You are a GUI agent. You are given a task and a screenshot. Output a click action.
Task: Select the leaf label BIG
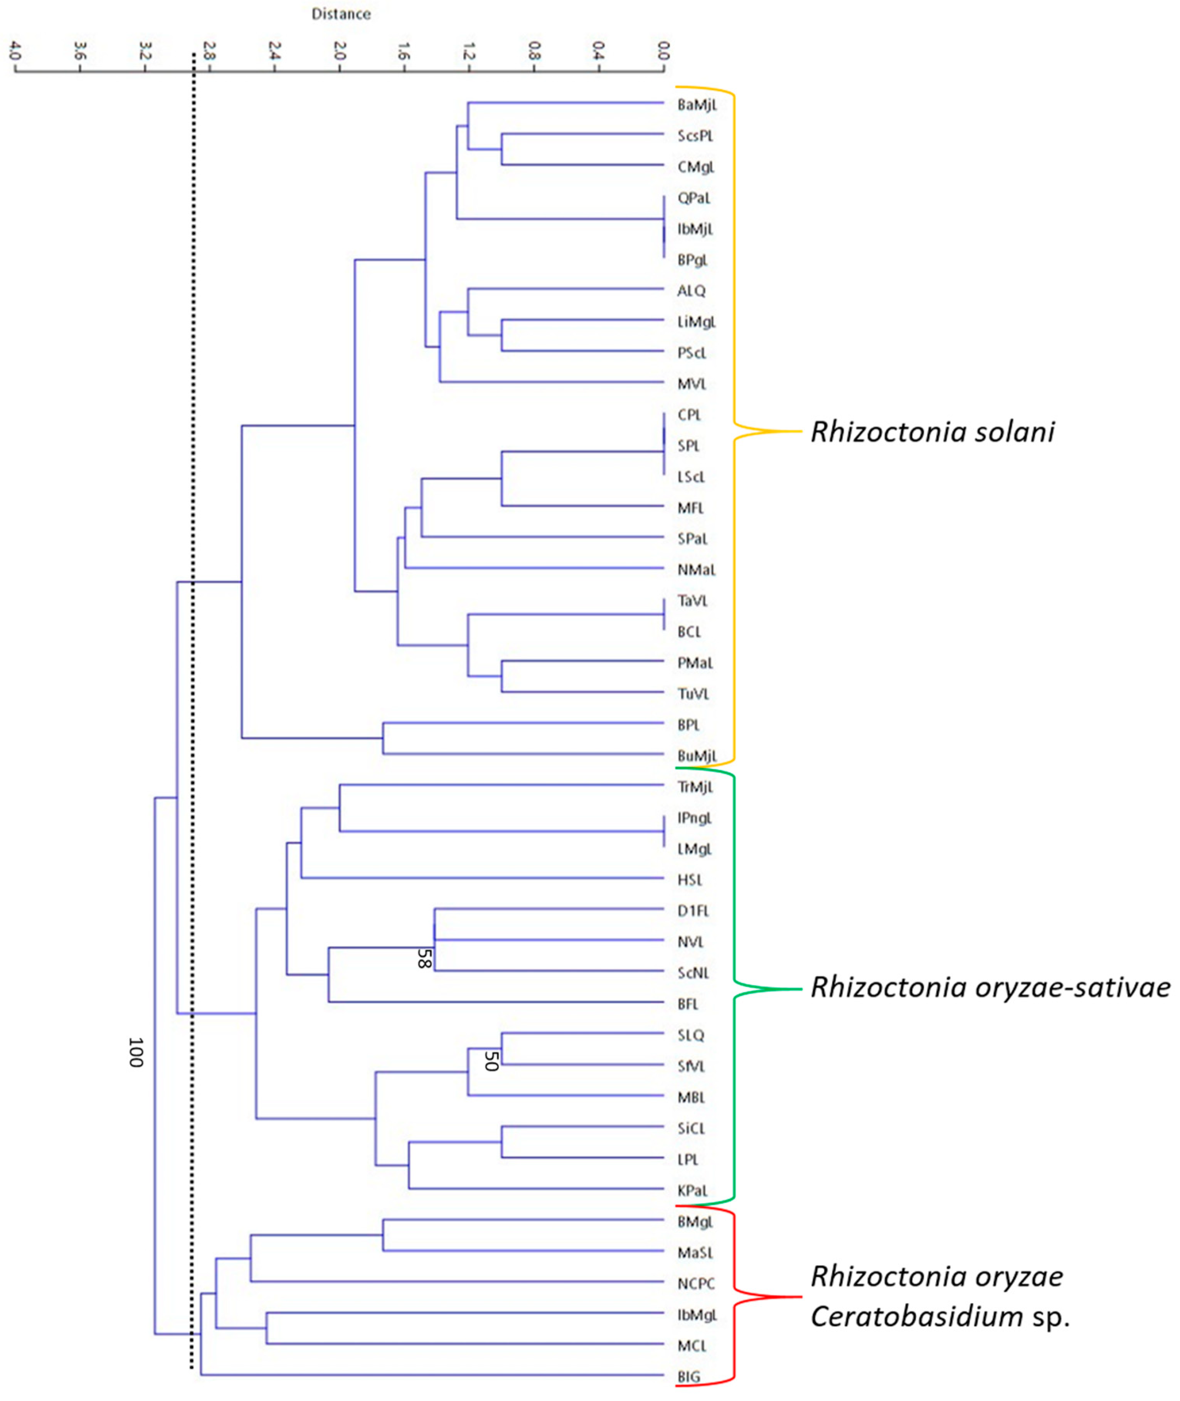point(688,1376)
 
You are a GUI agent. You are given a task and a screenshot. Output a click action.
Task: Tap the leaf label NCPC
point(696,1283)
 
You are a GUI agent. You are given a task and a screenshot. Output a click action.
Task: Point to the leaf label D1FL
point(693,910)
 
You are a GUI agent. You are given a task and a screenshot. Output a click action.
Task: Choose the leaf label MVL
point(692,384)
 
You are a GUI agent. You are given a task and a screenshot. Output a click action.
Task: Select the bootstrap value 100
point(136,1052)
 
